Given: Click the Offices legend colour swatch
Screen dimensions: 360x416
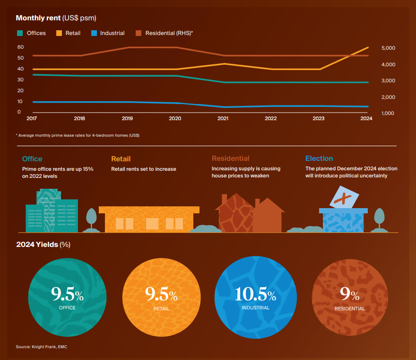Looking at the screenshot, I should [20, 33].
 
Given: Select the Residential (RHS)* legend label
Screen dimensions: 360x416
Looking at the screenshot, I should [169, 33].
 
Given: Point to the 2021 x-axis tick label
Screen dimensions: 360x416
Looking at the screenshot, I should [223, 118].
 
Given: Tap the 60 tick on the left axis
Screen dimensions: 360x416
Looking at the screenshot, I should [20, 47].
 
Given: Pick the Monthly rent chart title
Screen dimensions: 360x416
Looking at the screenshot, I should [56, 18].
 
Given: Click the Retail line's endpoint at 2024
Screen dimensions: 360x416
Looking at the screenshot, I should [368, 47].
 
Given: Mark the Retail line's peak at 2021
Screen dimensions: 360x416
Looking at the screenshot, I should [223, 63].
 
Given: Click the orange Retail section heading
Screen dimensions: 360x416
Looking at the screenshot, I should [121, 159].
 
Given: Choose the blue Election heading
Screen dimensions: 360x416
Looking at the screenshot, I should [319, 158].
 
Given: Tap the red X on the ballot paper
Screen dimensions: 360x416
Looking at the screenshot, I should [344, 199].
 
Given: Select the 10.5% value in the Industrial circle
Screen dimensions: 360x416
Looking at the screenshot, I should [255, 295].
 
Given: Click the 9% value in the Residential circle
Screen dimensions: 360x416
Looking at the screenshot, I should [350, 296].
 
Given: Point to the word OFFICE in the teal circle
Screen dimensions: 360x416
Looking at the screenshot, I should [67, 308].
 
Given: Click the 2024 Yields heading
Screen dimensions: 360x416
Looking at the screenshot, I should [43, 245].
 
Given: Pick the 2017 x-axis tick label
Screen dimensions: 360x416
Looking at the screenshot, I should [32, 118].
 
